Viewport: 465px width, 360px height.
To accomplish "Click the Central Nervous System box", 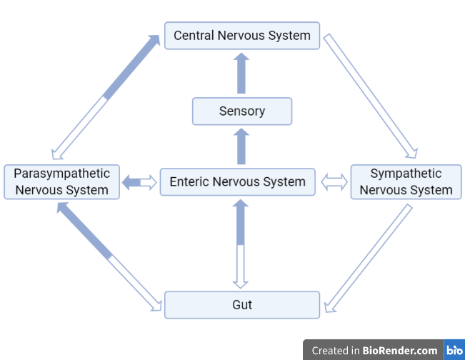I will pyautogui.click(x=242, y=36).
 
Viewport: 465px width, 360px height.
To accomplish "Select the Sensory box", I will pyautogui.click(x=242, y=111).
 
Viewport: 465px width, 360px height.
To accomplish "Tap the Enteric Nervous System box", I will pyautogui.click(x=237, y=182).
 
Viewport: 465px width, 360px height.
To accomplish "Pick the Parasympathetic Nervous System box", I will pyautogui.click(x=61, y=182).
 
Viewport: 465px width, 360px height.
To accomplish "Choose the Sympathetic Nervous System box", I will pyautogui.click(x=406, y=182).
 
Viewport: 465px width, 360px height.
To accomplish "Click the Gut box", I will pyautogui.click(x=242, y=305).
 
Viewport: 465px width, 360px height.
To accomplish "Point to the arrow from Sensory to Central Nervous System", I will pyautogui.click(x=241, y=74).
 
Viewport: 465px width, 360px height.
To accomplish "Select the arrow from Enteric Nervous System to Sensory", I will pyautogui.click(x=241, y=146).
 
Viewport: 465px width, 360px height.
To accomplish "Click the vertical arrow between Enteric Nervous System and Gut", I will pyautogui.click(x=241, y=243).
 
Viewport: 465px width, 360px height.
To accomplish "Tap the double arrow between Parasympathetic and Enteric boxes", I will pyautogui.click(x=139, y=183).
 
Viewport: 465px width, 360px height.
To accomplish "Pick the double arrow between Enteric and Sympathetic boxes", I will pyautogui.click(x=334, y=183).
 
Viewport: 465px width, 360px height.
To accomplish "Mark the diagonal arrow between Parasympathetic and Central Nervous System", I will pyautogui.click(x=106, y=96).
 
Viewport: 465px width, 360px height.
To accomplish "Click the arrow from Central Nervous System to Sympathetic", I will pyautogui.click(x=370, y=95).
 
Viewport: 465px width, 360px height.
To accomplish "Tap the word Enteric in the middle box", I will pyautogui.click(x=189, y=182).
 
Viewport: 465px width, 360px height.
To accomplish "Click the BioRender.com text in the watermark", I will pyautogui.click(x=400, y=350).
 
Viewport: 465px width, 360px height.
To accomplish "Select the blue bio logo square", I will pyautogui.click(x=454, y=350).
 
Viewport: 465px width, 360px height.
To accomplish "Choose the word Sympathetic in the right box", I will pyautogui.click(x=406, y=174).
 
